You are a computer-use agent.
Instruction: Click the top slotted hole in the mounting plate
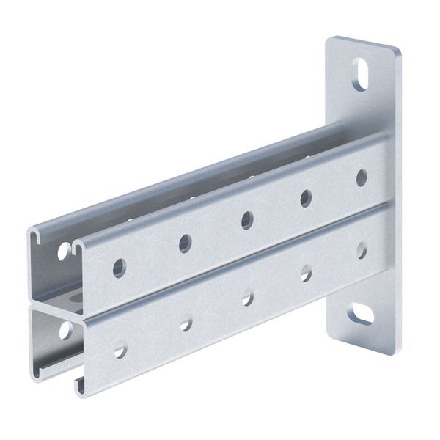point(360,74)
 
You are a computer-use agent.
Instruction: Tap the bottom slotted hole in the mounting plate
point(360,315)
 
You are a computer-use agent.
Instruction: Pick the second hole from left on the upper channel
point(185,243)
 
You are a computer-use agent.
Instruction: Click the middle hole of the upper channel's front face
point(247,220)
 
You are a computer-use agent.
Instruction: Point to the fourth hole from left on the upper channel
point(306,197)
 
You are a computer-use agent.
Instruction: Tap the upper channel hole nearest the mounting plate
point(362,177)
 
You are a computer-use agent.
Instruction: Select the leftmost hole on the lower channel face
point(120,351)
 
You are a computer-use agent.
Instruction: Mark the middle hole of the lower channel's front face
point(248,297)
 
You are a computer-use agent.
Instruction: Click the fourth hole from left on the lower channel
point(306,273)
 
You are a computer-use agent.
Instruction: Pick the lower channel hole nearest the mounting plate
point(362,251)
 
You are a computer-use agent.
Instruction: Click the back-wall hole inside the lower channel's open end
point(65,331)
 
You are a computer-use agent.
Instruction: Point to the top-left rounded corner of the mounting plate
point(331,40)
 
